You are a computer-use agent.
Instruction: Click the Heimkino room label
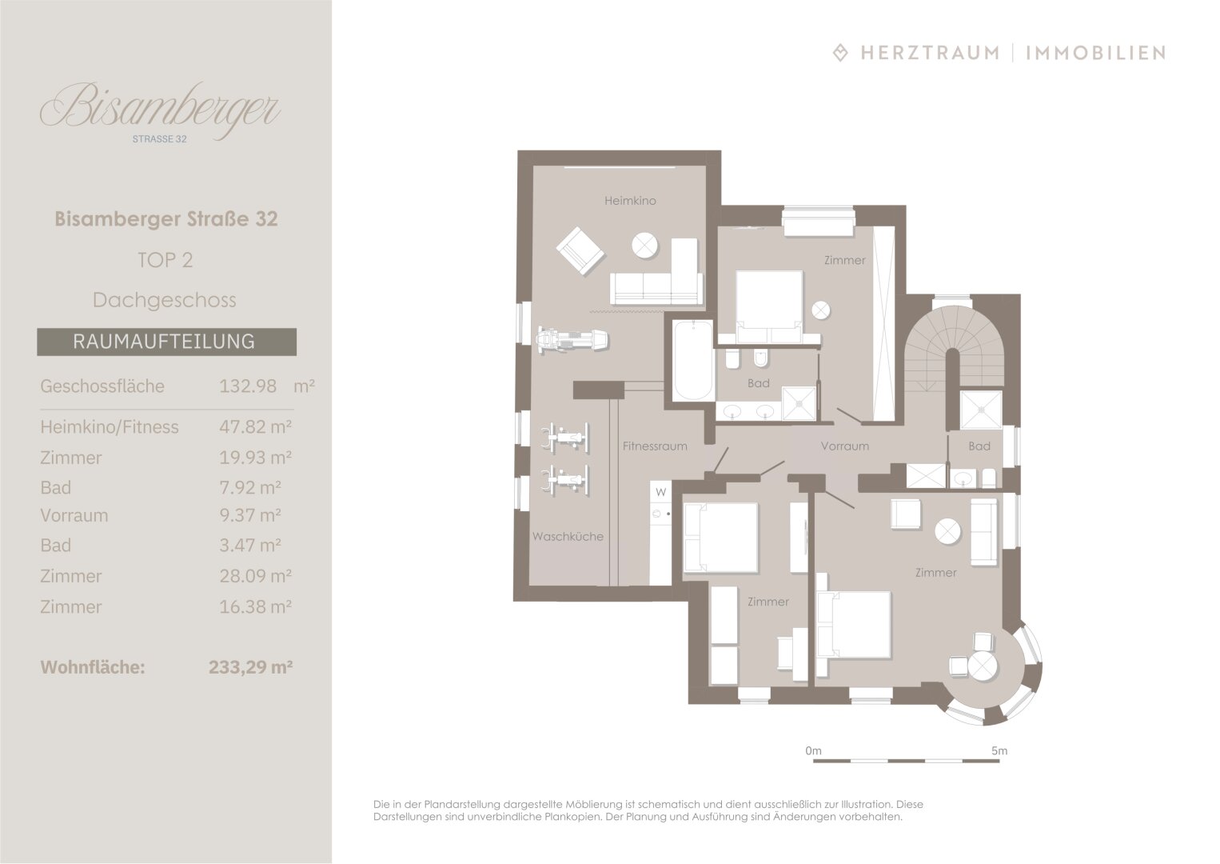(630, 201)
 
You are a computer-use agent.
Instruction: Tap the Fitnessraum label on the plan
(655, 446)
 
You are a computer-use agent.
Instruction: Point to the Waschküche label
(568, 536)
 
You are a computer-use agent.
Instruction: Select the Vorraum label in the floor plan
(845, 446)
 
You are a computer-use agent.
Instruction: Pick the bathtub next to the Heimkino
(693, 360)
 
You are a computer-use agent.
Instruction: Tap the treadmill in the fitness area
(572, 341)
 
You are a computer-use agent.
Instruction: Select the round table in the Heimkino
(645, 246)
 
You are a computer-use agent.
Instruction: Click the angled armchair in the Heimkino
(580, 251)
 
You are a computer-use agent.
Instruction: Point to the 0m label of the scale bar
(813, 750)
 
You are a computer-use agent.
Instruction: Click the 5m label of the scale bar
(999, 750)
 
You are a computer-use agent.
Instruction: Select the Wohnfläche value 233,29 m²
(250, 667)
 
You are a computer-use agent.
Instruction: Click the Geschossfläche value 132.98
(248, 386)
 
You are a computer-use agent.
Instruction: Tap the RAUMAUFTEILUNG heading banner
(166, 342)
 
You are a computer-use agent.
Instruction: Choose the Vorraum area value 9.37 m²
(250, 515)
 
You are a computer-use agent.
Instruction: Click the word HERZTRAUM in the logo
(930, 53)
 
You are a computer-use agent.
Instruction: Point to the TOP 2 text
(165, 260)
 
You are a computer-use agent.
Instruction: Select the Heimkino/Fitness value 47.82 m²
(256, 426)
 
